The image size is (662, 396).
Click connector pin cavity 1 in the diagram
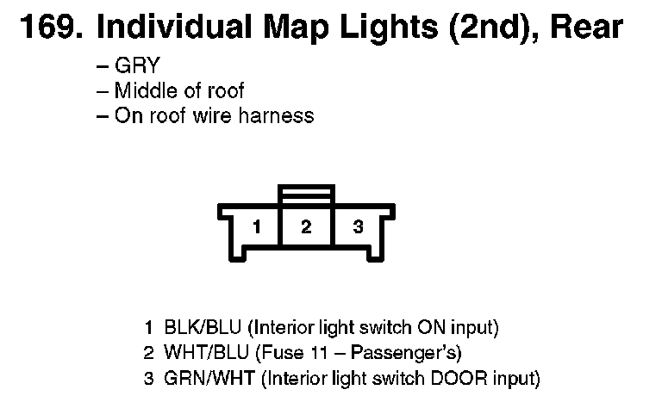pos(256,227)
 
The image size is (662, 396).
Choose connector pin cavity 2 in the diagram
pos(306,227)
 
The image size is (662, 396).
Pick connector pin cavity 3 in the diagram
pos(358,227)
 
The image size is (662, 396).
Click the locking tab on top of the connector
pos(306,195)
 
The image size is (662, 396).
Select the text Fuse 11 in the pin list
pos(292,353)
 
